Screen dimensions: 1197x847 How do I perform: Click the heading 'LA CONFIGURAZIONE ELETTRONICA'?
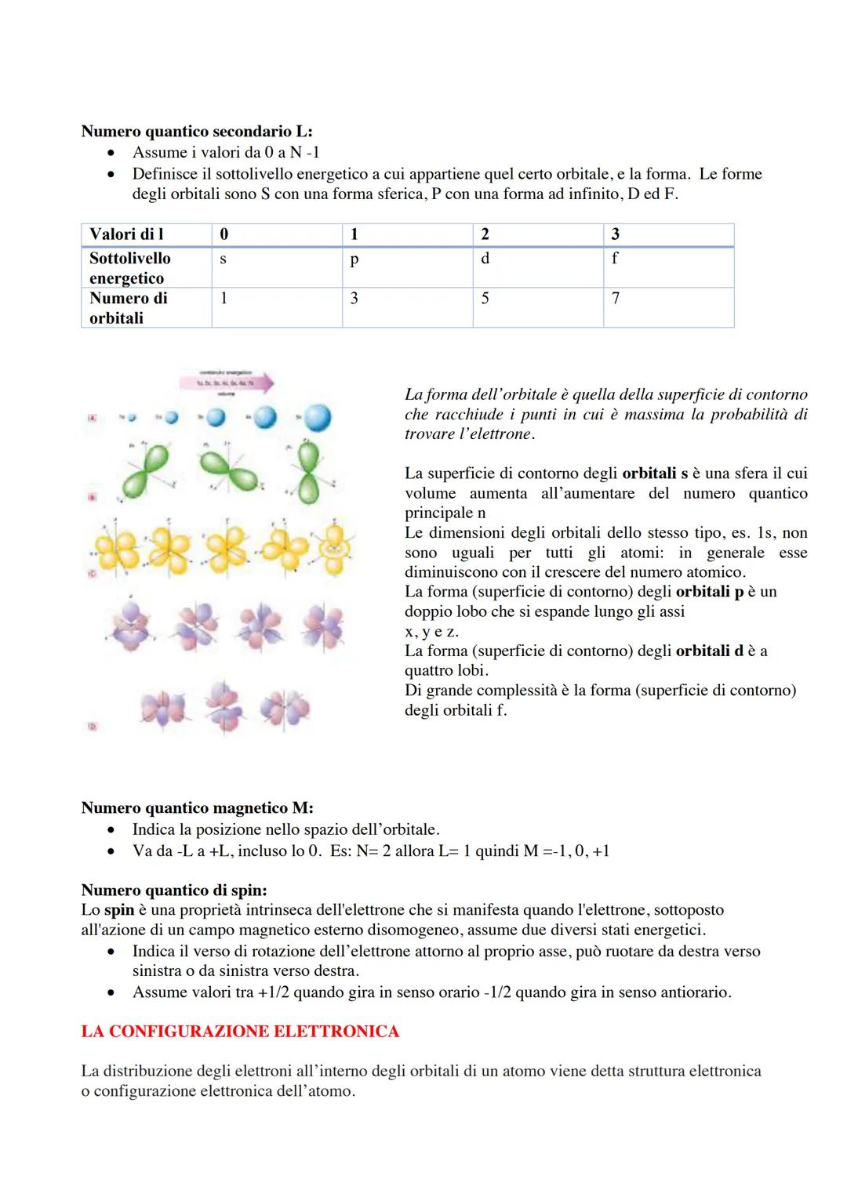tap(240, 1032)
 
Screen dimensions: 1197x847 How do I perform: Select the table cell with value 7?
tap(616, 299)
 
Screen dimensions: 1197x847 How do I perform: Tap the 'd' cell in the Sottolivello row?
tap(485, 259)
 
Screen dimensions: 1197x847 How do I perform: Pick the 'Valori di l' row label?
tap(126, 234)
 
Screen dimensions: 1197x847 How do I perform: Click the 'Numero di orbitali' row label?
tap(128, 308)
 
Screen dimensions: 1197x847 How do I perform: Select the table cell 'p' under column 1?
tap(354, 259)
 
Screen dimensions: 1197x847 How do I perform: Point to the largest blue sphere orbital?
tap(317, 417)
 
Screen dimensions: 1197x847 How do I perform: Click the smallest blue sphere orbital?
tap(131, 418)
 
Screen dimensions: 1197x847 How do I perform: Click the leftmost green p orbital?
tap(149, 470)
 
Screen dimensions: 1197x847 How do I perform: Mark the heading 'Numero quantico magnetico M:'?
tap(197, 808)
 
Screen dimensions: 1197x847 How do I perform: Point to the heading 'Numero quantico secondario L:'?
tap(197, 132)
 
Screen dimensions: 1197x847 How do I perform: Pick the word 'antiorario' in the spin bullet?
tap(689, 992)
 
